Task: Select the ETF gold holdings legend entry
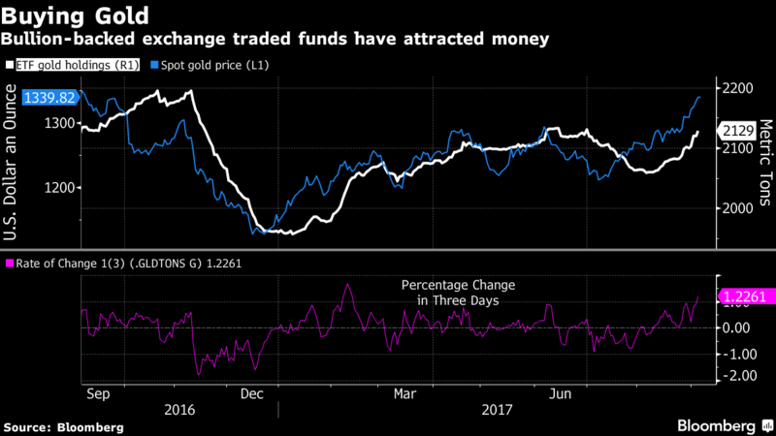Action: pos(72,64)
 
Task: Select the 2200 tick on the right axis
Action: pos(737,89)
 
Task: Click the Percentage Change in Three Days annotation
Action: pos(459,293)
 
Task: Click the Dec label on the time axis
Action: pos(251,394)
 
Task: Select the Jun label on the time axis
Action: pos(561,394)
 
